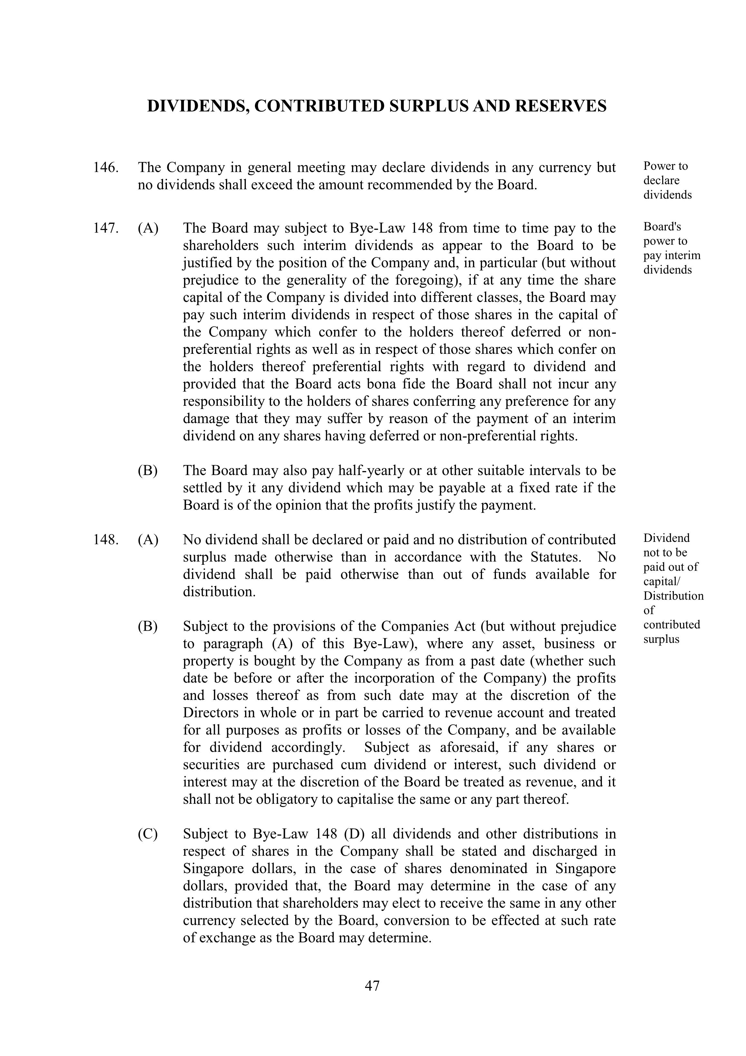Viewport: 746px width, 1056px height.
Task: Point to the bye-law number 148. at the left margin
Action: (106, 540)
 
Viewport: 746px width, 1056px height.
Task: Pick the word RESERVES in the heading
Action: (561, 106)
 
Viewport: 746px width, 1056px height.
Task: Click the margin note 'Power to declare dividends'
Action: (666, 180)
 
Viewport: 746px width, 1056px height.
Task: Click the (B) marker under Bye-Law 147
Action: (148, 471)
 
